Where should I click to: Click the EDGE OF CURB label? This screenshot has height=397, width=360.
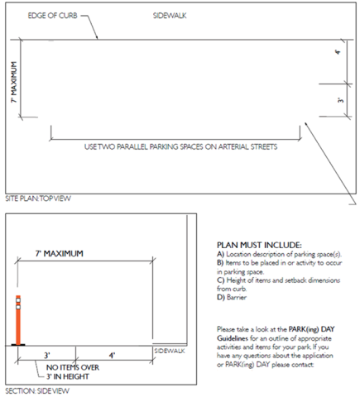click(x=52, y=16)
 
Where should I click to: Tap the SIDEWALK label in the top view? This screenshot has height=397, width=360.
click(x=170, y=16)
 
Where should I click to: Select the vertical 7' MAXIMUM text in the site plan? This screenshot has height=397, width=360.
click(x=14, y=82)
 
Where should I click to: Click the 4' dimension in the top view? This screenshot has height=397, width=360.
click(x=338, y=52)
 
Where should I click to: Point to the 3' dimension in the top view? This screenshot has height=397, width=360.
click(x=341, y=99)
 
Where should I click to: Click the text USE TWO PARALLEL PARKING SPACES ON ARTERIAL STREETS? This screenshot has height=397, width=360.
click(x=180, y=146)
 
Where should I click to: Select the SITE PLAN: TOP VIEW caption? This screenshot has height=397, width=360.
click(x=38, y=198)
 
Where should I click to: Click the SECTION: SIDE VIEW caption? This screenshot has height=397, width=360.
click(x=37, y=390)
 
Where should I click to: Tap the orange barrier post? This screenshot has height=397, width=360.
click(x=18, y=320)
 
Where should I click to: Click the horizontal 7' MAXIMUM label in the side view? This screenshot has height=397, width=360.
click(x=59, y=253)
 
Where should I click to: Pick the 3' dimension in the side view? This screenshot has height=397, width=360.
click(x=47, y=355)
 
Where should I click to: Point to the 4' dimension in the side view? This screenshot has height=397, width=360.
click(x=112, y=355)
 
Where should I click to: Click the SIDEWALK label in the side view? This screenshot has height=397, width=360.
click(x=170, y=351)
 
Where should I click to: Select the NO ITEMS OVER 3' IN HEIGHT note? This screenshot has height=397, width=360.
click(x=73, y=372)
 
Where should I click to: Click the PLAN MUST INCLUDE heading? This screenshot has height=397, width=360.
click(x=259, y=245)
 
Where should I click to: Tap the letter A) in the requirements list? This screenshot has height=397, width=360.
click(x=220, y=254)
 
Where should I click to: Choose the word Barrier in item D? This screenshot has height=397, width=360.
click(x=237, y=297)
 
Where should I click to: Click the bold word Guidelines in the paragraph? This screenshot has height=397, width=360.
click(x=233, y=338)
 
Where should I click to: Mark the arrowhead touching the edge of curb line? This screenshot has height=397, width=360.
click(x=96, y=37)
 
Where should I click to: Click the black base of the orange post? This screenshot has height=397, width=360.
click(x=18, y=345)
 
